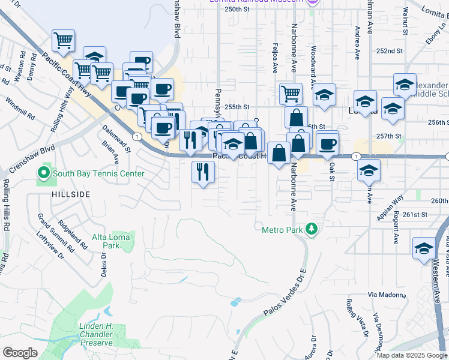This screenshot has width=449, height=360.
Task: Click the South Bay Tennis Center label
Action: coord(98,174)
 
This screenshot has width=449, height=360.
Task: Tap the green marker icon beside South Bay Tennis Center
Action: coord(43,174)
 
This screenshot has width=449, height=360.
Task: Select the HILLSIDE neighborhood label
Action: coord(71,194)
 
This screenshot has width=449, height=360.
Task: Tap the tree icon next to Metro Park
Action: coord(311,229)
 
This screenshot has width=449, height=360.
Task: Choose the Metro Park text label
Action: coord(283,229)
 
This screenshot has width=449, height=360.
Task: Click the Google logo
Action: coord(20,353)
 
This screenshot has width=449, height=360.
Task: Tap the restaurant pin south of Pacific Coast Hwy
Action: coord(203,172)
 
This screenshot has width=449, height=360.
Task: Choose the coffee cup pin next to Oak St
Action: coord(328,144)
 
